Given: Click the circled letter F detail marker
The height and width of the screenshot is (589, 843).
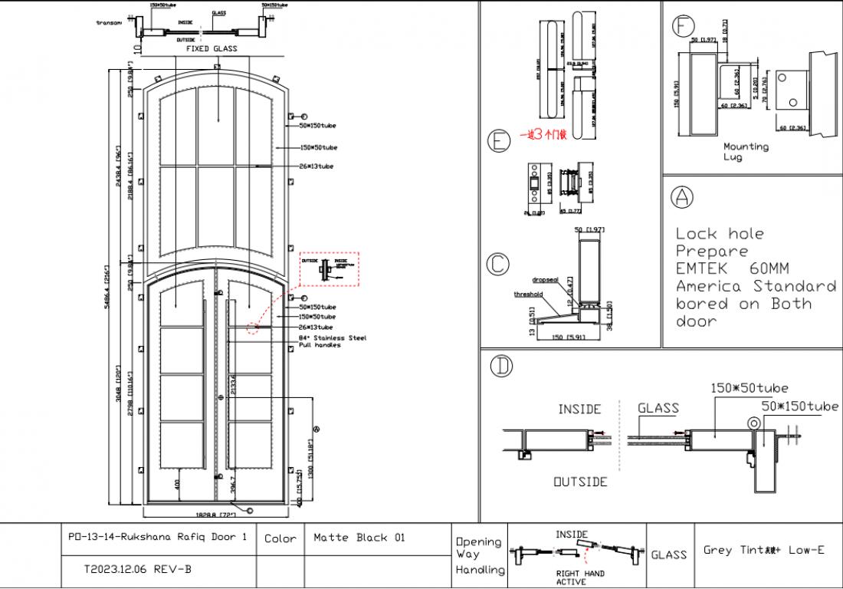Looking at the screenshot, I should [683, 26].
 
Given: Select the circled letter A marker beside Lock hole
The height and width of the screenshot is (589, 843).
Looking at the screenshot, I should [681, 197].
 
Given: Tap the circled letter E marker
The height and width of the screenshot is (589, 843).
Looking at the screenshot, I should [499, 140].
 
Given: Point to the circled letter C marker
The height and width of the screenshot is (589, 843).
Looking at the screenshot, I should [498, 265].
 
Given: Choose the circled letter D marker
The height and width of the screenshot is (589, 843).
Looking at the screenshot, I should [502, 367].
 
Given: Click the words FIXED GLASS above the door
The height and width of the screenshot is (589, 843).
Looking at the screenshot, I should [212, 48].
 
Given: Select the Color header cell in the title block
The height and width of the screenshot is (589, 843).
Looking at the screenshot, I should [280, 538].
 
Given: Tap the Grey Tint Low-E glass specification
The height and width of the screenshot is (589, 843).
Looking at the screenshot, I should [763, 550].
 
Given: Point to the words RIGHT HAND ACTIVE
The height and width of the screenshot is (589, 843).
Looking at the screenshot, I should [580, 577].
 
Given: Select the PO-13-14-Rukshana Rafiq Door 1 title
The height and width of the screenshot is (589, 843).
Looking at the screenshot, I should [157, 538].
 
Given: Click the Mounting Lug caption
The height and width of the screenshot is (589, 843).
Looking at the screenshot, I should [746, 151].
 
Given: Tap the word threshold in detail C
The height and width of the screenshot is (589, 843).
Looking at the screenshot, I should [529, 294].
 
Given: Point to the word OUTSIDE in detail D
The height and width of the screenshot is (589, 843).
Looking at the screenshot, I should [580, 482].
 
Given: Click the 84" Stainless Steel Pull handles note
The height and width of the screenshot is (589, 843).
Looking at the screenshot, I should [332, 341].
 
